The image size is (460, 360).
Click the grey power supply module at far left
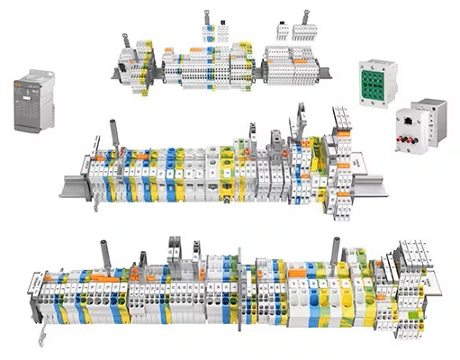[32, 101]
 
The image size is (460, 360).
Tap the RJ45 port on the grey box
[411, 119]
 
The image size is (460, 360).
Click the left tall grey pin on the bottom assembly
[106, 255]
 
